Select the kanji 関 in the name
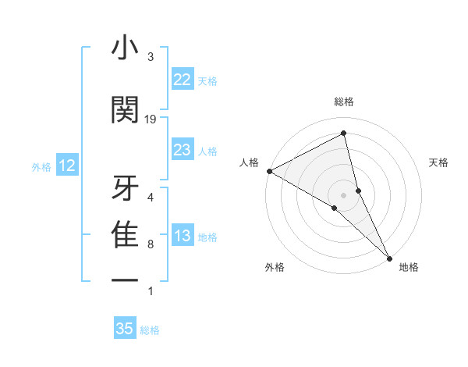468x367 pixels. [125, 110]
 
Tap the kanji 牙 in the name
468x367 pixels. [125, 187]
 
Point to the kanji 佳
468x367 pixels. [125, 235]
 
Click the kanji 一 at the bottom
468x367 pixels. [125, 280]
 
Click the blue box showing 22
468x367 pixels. [182, 80]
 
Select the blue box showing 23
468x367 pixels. [182, 151]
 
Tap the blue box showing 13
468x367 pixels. [182, 237]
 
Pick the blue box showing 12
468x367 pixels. [66, 166]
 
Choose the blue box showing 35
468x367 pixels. [125, 329]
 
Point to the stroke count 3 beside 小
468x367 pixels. [151, 57]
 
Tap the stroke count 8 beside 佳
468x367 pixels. [151, 244]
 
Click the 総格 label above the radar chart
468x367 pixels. [344, 102]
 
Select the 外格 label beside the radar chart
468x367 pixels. [275, 267]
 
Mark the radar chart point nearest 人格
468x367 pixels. [269, 171]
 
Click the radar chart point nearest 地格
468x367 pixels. [389, 257]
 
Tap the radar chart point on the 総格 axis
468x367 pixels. [344, 134]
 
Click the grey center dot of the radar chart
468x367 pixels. [344, 194]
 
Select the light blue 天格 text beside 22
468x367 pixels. [207, 80]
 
